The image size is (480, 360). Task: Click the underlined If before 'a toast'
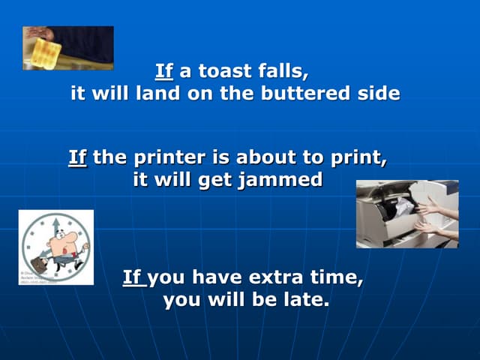pos(164,73)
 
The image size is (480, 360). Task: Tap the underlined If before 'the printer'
pos(78,158)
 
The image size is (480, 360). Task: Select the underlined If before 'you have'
pos(133,278)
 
